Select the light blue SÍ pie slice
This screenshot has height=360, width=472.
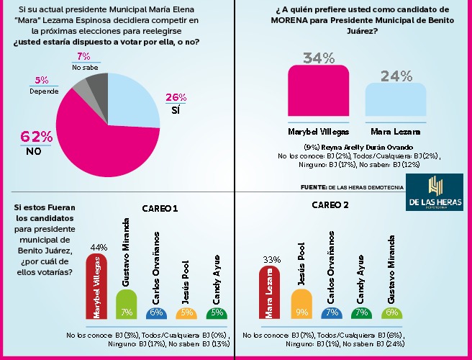[137, 101]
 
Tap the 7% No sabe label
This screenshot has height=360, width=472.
[83, 61]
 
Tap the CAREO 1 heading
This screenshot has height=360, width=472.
[158, 209]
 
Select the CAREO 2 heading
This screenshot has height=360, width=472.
[330, 204]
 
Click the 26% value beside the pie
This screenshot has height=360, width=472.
[176, 98]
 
